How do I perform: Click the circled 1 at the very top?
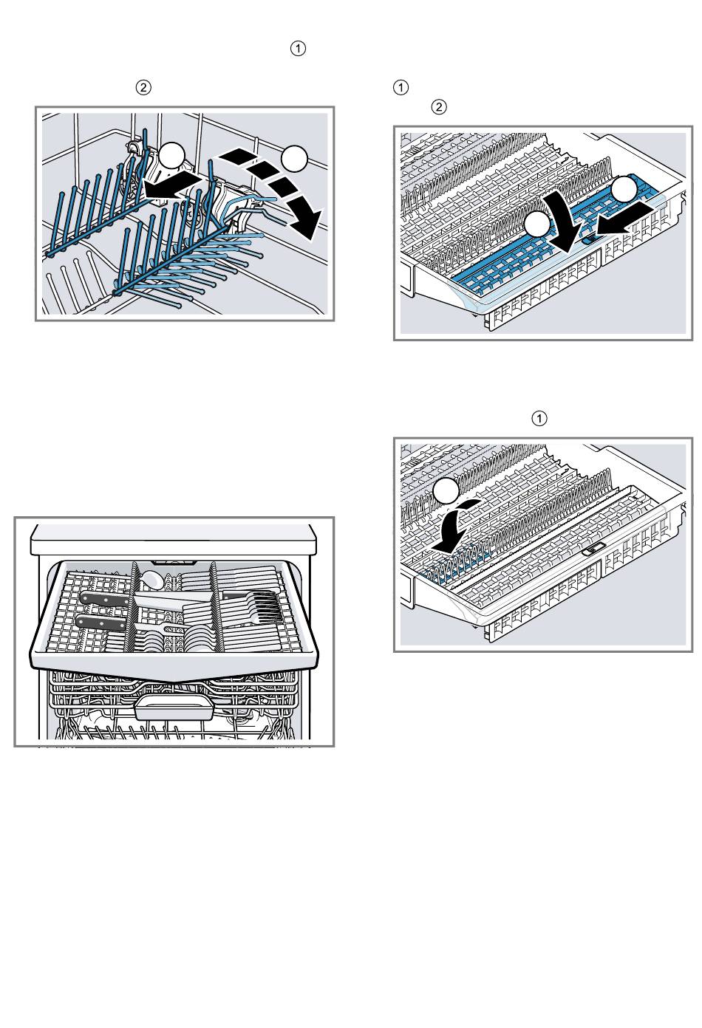(x=298, y=49)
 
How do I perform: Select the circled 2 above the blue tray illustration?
(x=438, y=107)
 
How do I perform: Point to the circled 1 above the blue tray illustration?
(x=401, y=87)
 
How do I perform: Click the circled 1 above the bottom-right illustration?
(x=540, y=419)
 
